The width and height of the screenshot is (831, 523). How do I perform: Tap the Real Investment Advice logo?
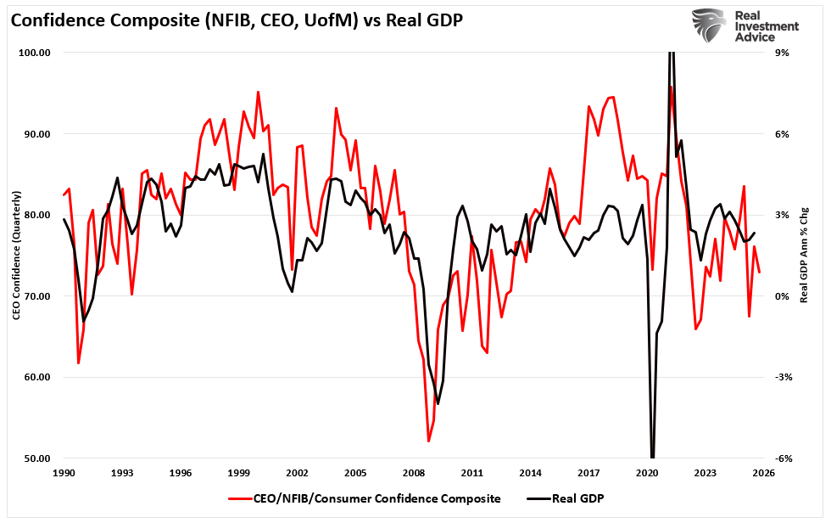(745, 25)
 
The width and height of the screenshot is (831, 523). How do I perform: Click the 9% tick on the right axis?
(783, 53)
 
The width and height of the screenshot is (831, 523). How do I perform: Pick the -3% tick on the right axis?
(783, 377)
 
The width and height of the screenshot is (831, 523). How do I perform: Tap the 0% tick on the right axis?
(783, 296)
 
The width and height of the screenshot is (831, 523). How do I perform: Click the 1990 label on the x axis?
(64, 471)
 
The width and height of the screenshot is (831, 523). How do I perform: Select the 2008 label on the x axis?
(414, 471)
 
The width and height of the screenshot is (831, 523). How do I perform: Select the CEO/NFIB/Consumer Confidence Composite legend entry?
(365, 498)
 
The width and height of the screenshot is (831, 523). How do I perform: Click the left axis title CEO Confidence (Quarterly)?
(17, 255)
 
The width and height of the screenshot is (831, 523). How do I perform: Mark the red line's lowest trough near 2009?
(429, 441)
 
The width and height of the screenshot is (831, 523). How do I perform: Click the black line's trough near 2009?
(438, 403)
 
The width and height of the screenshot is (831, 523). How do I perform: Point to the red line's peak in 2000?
(258, 92)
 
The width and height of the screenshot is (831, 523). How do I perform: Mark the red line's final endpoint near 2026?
(760, 272)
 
